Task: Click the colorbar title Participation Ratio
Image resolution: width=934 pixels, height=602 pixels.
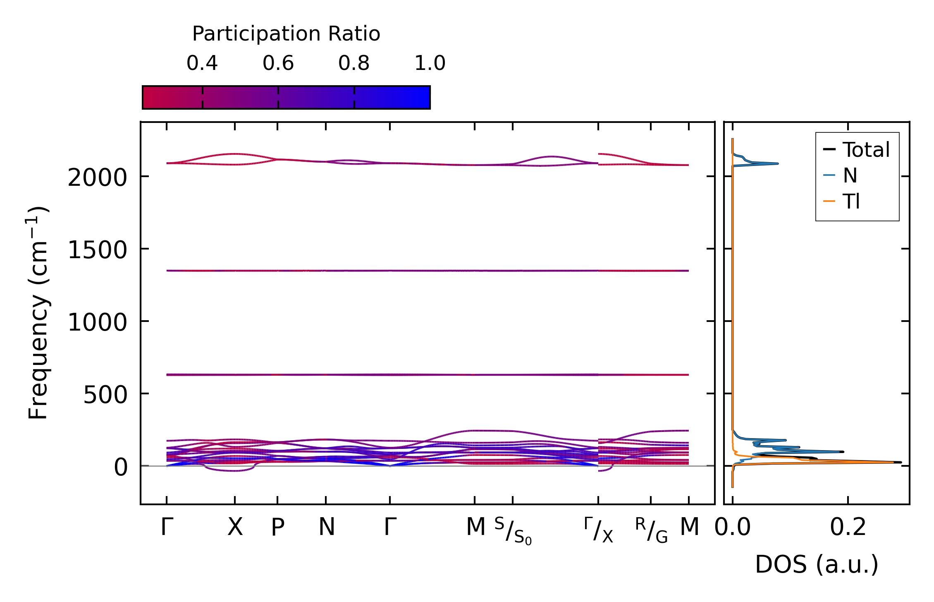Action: (286, 34)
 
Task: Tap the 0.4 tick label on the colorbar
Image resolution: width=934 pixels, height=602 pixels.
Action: (202, 63)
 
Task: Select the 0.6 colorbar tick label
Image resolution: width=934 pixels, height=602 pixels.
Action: (278, 63)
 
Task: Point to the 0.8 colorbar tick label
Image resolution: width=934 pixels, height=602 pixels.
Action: (354, 63)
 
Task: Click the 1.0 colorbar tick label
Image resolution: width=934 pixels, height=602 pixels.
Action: (430, 63)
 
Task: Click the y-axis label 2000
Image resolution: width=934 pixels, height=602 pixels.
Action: (97, 179)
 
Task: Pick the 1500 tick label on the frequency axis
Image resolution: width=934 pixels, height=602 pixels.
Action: (97, 251)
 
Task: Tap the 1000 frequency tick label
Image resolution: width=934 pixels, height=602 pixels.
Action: (97, 323)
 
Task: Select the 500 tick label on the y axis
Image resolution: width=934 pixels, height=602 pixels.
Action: (105, 395)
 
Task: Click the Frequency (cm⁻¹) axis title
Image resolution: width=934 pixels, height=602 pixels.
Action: (38, 313)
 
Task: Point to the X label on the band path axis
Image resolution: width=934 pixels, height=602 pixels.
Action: (235, 528)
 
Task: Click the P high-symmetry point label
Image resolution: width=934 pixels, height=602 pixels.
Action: (277, 528)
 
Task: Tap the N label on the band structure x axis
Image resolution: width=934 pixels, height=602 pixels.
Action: (326, 528)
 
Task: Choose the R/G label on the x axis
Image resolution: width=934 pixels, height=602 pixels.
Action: (651, 530)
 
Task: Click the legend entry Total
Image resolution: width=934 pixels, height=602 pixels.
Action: (866, 150)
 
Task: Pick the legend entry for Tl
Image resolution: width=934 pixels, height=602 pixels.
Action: (851, 201)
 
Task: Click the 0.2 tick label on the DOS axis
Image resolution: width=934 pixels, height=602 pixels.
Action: (848, 528)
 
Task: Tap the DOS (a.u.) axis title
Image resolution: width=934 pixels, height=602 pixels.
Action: (817, 565)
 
